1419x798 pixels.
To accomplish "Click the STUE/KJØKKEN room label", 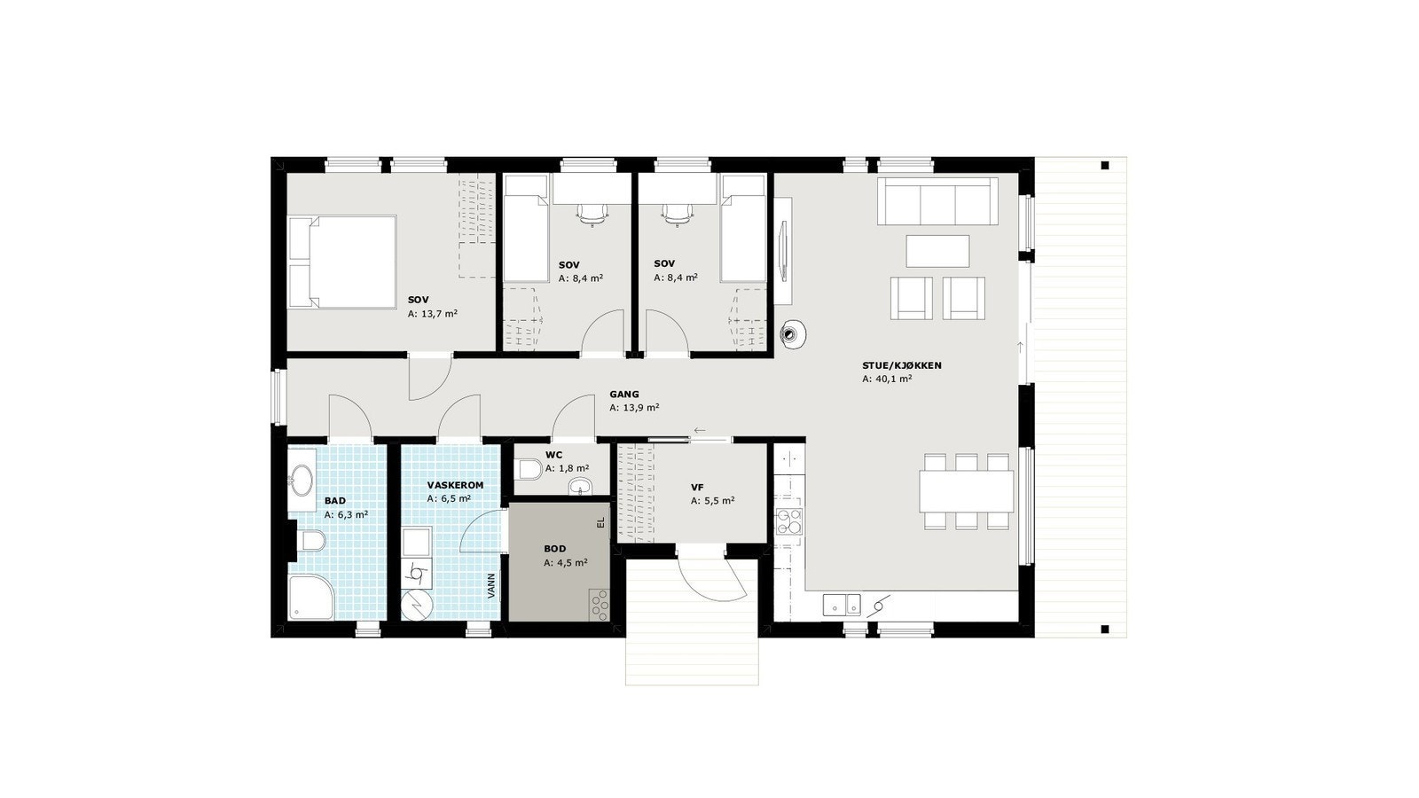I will [901, 365].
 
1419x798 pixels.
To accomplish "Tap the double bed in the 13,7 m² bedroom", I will [342, 262].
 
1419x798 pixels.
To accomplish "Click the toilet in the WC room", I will [530, 468].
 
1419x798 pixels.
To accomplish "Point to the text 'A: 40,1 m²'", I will [887, 379].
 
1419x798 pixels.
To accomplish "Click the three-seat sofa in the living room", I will [937, 201].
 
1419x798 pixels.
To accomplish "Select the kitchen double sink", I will [841, 605].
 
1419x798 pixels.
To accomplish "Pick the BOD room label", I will [554, 549].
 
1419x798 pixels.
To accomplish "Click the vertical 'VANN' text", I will [491, 586].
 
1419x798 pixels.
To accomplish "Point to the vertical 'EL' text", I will [600, 522].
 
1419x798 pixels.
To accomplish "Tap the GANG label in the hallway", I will [623, 395].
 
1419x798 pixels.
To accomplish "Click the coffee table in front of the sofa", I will [938, 250].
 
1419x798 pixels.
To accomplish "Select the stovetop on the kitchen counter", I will [788, 521].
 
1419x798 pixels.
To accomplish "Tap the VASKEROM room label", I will [454, 486].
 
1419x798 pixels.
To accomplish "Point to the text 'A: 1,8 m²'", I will [568, 468].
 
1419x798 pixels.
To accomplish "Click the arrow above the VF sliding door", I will [700, 431].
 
